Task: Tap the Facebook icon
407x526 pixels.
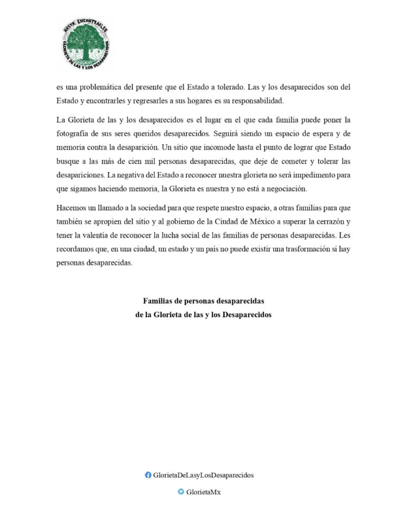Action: click(x=148, y=475)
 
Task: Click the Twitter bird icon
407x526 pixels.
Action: click(x=181, y=492)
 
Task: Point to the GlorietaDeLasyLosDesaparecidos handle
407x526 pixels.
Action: click(x=203, y=475)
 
